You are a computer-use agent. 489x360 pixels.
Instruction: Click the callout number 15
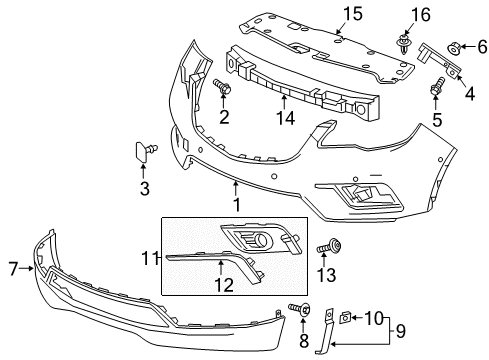[x=353, y=14]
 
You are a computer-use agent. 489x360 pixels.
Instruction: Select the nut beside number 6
[x=454, y=48]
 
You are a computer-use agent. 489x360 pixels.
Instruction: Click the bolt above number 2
[x=222, y=86]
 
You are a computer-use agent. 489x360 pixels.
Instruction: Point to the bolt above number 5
[x=437, y=85]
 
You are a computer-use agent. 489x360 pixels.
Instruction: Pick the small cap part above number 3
[x=145, y=152]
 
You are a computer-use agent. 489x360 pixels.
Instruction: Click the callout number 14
[x=286, y=118]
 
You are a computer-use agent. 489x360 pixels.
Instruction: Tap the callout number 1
[x=237, y=205]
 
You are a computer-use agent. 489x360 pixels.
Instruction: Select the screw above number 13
[x=329, y=247]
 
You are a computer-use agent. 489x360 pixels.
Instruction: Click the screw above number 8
[x=300, y=309]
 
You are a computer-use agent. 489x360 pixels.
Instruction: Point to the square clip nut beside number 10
[x=344, y=318]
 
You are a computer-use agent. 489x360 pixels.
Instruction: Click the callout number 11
[x=150, y=258]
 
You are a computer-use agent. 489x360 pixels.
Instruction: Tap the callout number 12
[x=224, y=285]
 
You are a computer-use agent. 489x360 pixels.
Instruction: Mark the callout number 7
[x=13, y=268]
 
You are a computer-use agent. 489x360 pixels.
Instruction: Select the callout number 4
[x=470, y=94]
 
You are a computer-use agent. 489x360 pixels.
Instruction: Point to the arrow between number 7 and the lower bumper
[x=26, y=268]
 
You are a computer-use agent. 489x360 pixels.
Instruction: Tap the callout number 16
[x=421, y=15]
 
